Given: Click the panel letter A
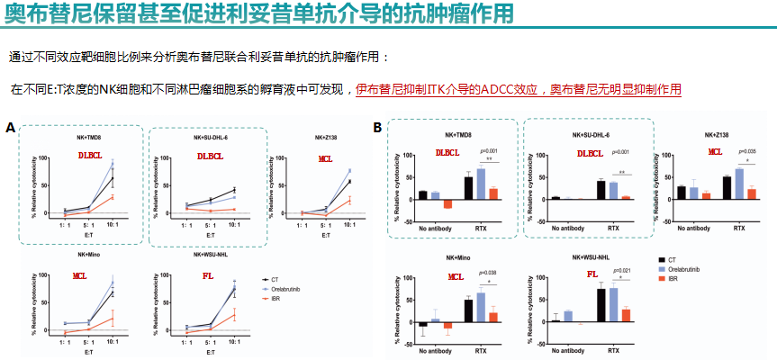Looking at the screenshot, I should (11, 128).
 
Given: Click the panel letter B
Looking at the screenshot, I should (377, 128).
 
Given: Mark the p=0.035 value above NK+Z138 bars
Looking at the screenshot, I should (749, 151).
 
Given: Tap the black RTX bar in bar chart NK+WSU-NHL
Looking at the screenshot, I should (601, 305).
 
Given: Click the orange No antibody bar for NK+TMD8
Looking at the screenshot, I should (447, 203).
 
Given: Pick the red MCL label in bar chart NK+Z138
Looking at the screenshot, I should (715, 152).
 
